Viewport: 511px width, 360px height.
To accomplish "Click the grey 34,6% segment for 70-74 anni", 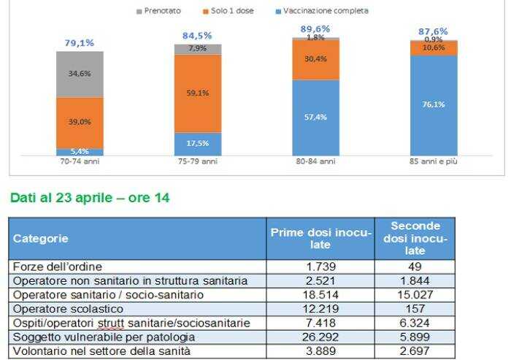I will tap(80, 74).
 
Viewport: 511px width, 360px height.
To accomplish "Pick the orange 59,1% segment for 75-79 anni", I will tap(198, 93).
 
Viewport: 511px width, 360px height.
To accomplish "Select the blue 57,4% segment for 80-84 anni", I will tap(316, 117).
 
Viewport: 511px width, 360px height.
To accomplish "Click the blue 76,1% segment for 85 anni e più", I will tap(434, 104).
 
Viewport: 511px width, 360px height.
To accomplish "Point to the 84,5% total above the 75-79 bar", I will tap(197, 35).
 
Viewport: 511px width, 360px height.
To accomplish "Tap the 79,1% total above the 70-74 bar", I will tap(80, 43).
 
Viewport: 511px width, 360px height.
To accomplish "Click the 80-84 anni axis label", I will tap(316, 161).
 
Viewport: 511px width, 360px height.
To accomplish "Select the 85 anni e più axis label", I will tap(434, 161).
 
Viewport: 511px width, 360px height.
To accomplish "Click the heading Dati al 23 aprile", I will tap(89, 197).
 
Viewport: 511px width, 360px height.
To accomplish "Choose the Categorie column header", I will tap(41, 238).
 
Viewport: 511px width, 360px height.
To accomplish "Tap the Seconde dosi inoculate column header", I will tap(414, 238).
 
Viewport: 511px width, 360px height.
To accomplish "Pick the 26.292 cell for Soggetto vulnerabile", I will tap(320, 337).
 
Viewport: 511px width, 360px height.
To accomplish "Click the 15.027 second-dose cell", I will tap(414, 294).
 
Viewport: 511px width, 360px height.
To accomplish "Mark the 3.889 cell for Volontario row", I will tap(320, 351).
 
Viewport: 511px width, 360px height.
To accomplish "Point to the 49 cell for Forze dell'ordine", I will tap(414, 267).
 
